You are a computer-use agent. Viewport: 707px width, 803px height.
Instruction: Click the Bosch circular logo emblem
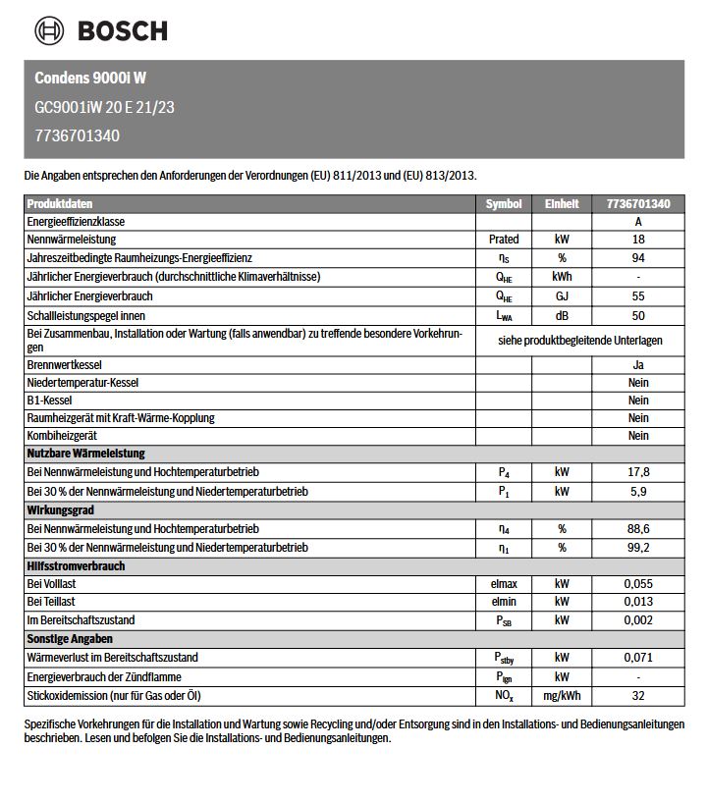coord(49,30)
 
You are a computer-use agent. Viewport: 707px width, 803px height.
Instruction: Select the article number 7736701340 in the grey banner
coord(77,135)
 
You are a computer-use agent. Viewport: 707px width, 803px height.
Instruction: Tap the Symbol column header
coord(504,203)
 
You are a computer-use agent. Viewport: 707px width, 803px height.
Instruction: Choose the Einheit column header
coord(562,203)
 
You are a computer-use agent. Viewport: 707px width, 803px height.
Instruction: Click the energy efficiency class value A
coord(638,221)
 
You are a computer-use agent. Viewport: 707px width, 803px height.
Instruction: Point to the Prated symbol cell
coord(504,239)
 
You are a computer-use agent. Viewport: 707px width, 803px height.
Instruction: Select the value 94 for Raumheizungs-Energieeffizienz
coord(638,257)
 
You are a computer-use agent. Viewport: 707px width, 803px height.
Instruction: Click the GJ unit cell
coord(562,295)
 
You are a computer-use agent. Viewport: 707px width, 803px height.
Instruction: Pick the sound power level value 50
coord(638,315)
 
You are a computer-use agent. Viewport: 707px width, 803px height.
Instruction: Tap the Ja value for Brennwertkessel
coord(638,364)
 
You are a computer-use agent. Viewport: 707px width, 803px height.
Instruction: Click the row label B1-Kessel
coord(49,400)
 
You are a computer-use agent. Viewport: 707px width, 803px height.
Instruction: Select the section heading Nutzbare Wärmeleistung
coord(86,454)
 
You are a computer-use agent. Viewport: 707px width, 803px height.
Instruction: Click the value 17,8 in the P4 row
coord(638,471)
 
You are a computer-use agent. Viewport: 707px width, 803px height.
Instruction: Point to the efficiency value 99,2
coord(638,547)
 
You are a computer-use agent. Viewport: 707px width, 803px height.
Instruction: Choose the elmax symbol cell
coord(504,583)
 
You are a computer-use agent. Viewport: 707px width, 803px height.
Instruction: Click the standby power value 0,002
coord(638,620)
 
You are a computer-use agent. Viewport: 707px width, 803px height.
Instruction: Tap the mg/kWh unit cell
coord(562,696)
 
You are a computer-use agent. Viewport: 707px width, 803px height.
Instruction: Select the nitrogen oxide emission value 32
coord(638,696)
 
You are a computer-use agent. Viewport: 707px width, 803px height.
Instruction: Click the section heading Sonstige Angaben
coord(70,639)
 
